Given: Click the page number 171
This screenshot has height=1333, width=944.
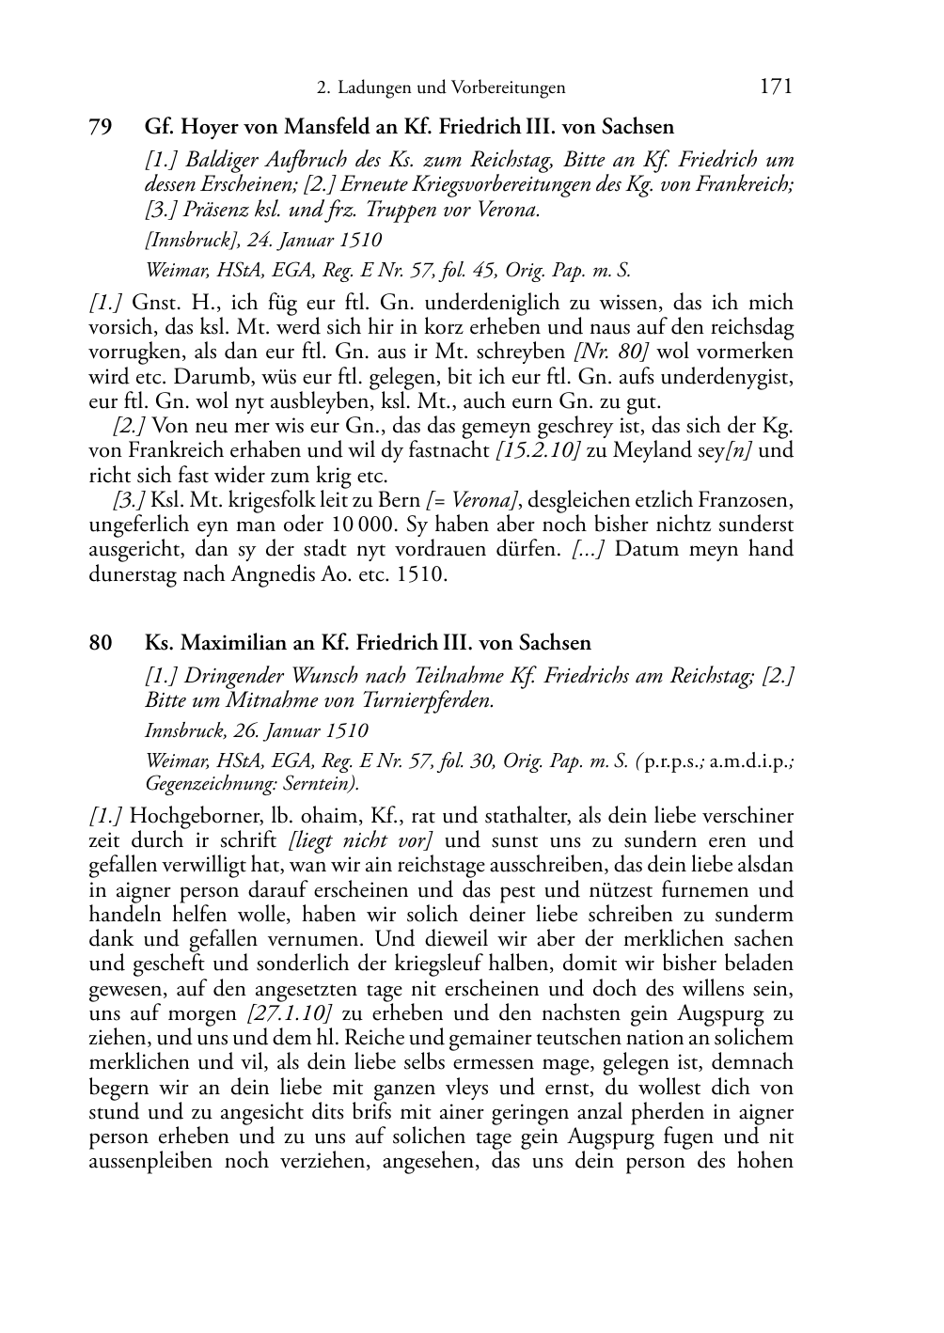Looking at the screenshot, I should click(775, 87).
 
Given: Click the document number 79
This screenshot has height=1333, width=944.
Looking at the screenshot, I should click(101, 126).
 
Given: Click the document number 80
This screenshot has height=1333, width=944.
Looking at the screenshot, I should click(101, 643).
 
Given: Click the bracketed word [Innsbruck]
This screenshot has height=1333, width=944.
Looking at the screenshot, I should click(188, 240).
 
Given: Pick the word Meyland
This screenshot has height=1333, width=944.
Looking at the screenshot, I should click(648, 450).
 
